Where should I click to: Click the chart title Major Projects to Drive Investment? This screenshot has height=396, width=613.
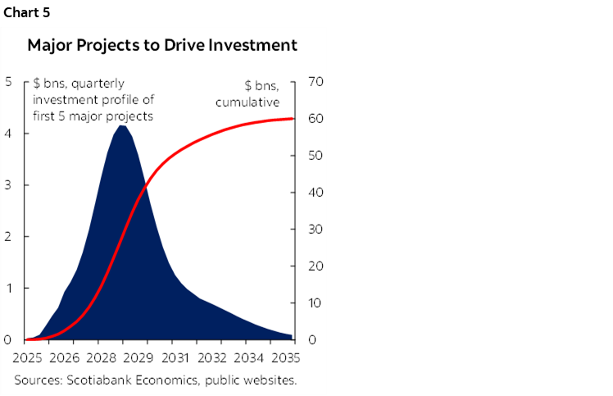click(162, 45)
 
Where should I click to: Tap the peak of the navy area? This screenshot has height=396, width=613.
click(121, 126)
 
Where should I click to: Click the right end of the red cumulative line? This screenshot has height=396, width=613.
click(292, 119)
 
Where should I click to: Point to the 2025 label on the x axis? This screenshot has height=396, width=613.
click(28, 357)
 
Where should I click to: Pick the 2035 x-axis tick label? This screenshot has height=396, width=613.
click(284, 357)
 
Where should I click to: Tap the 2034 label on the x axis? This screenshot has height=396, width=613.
click(247, 357)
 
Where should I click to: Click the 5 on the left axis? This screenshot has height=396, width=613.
click(7, 82)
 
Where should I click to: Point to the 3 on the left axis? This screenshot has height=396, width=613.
click(7, 185)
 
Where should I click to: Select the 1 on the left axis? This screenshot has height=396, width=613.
click(7, 289)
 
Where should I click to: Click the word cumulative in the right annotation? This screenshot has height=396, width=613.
click(247, 102)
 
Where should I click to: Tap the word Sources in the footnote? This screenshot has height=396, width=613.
click(38, 380)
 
